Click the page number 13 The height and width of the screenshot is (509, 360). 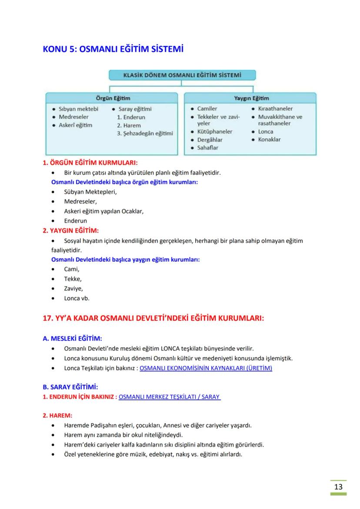[x=338, y=486]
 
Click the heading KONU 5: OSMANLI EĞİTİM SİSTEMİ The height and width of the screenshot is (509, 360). [x=113, y=49]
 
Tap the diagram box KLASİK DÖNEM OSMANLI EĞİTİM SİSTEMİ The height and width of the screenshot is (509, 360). [x=182, y=75]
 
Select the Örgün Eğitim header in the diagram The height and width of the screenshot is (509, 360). [x=113, y=98]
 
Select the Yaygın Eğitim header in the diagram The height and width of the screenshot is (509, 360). [x=251, y=98]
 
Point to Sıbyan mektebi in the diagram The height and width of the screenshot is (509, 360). [x=78, y=109]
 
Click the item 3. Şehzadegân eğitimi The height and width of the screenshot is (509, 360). [x=145, y=133]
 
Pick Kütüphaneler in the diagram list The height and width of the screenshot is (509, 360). [x=214, y=131]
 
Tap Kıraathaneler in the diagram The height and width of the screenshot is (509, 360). [x=275, y=109]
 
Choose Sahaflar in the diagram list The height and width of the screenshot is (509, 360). [x=208, y=148]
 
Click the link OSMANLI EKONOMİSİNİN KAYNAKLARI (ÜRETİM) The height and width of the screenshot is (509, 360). [x=206, y=368]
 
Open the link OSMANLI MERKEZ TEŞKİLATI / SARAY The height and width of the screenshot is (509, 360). [x=169, y=397]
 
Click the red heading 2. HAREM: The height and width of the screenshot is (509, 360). [x=57, y=415]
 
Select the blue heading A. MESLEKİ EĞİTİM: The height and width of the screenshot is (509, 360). [x=72, y=339]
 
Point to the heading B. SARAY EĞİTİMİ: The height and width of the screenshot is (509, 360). [x=70, y=386]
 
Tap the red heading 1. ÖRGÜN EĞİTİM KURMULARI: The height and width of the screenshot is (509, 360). [x=90, y=163]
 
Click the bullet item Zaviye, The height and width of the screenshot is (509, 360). [x=73, y=289]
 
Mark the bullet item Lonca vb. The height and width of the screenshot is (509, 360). [x=77, y=298]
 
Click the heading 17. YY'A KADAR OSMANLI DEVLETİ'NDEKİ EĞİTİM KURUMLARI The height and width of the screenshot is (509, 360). [x=153, y=318]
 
